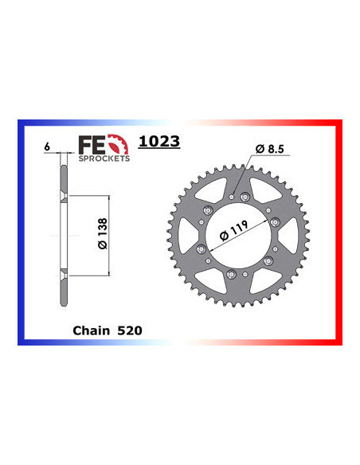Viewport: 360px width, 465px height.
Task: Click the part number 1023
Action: coord(159,143)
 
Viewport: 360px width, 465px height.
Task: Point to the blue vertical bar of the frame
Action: coord(22,231)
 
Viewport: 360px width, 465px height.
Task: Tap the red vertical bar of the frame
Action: coord(338,231)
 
